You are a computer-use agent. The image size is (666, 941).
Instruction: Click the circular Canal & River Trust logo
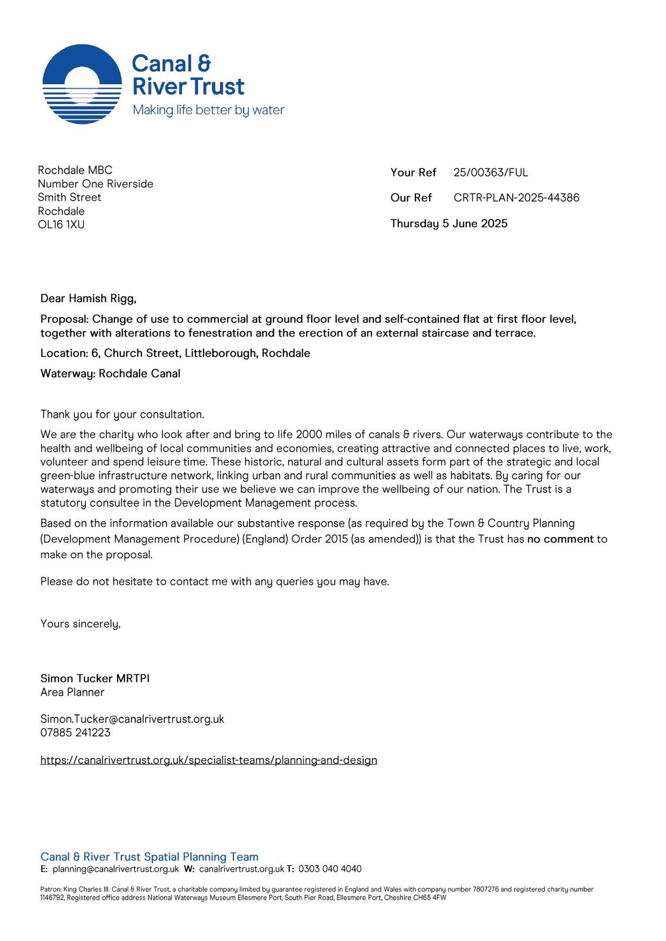82,84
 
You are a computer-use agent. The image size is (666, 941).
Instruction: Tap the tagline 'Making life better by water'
208,110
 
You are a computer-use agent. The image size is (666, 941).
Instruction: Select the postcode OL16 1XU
61,225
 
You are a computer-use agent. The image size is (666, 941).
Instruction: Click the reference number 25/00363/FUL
491,172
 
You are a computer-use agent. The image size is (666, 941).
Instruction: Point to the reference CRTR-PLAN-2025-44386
516,198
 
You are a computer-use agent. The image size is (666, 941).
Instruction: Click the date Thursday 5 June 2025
448,223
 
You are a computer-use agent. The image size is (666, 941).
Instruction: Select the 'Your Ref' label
413,172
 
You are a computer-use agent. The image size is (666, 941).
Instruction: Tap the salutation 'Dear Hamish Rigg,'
88,299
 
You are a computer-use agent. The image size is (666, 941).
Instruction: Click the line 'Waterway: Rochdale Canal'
110,373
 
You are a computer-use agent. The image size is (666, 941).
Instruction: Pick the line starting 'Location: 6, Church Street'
175,353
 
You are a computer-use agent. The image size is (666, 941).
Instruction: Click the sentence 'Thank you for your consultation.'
122,415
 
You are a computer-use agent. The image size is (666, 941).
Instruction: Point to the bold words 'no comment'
560,539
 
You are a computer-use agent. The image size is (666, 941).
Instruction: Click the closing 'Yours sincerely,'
80,624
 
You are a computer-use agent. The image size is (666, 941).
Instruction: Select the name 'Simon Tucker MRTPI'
95,679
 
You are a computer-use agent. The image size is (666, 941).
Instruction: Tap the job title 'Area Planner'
72,692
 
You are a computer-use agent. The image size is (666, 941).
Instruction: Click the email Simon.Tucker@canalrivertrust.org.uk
132,719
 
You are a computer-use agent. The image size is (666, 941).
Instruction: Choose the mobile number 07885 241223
75,733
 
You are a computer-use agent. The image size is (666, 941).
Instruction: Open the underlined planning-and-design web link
208,760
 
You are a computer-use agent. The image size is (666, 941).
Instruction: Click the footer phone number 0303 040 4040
329,869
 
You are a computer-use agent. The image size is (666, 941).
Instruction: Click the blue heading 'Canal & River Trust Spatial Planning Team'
149,857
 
